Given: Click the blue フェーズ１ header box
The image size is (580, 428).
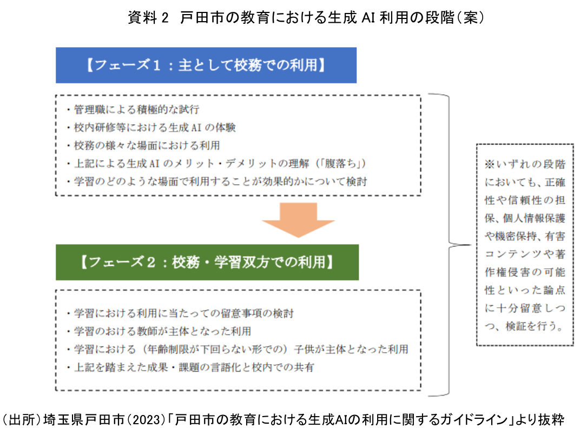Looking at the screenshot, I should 206,65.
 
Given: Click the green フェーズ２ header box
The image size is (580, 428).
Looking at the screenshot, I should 207,262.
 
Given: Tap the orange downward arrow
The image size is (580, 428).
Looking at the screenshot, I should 298,219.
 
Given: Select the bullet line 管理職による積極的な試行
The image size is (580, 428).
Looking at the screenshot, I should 132,110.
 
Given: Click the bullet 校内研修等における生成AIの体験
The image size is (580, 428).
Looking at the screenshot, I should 150,128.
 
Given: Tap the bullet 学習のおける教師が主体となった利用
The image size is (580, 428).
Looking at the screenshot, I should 157,331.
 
